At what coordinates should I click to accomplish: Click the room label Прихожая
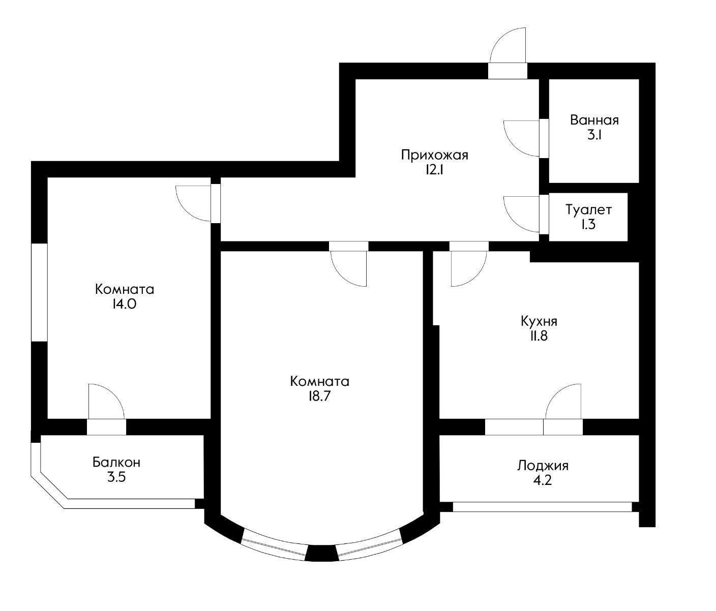[434, 155]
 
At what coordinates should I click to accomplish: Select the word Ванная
[594, 120]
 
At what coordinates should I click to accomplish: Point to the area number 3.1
[594, 136]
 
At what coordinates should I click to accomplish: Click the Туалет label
[588, 209]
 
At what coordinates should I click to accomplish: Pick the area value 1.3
[588, 224]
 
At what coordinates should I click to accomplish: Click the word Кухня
[539, 321]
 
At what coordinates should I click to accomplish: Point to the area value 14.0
[124, 304]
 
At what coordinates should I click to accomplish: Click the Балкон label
[116, 463]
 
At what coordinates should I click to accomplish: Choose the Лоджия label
[543, 466]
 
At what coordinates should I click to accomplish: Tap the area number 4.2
[543, 480]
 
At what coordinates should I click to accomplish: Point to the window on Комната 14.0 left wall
[39, 292]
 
